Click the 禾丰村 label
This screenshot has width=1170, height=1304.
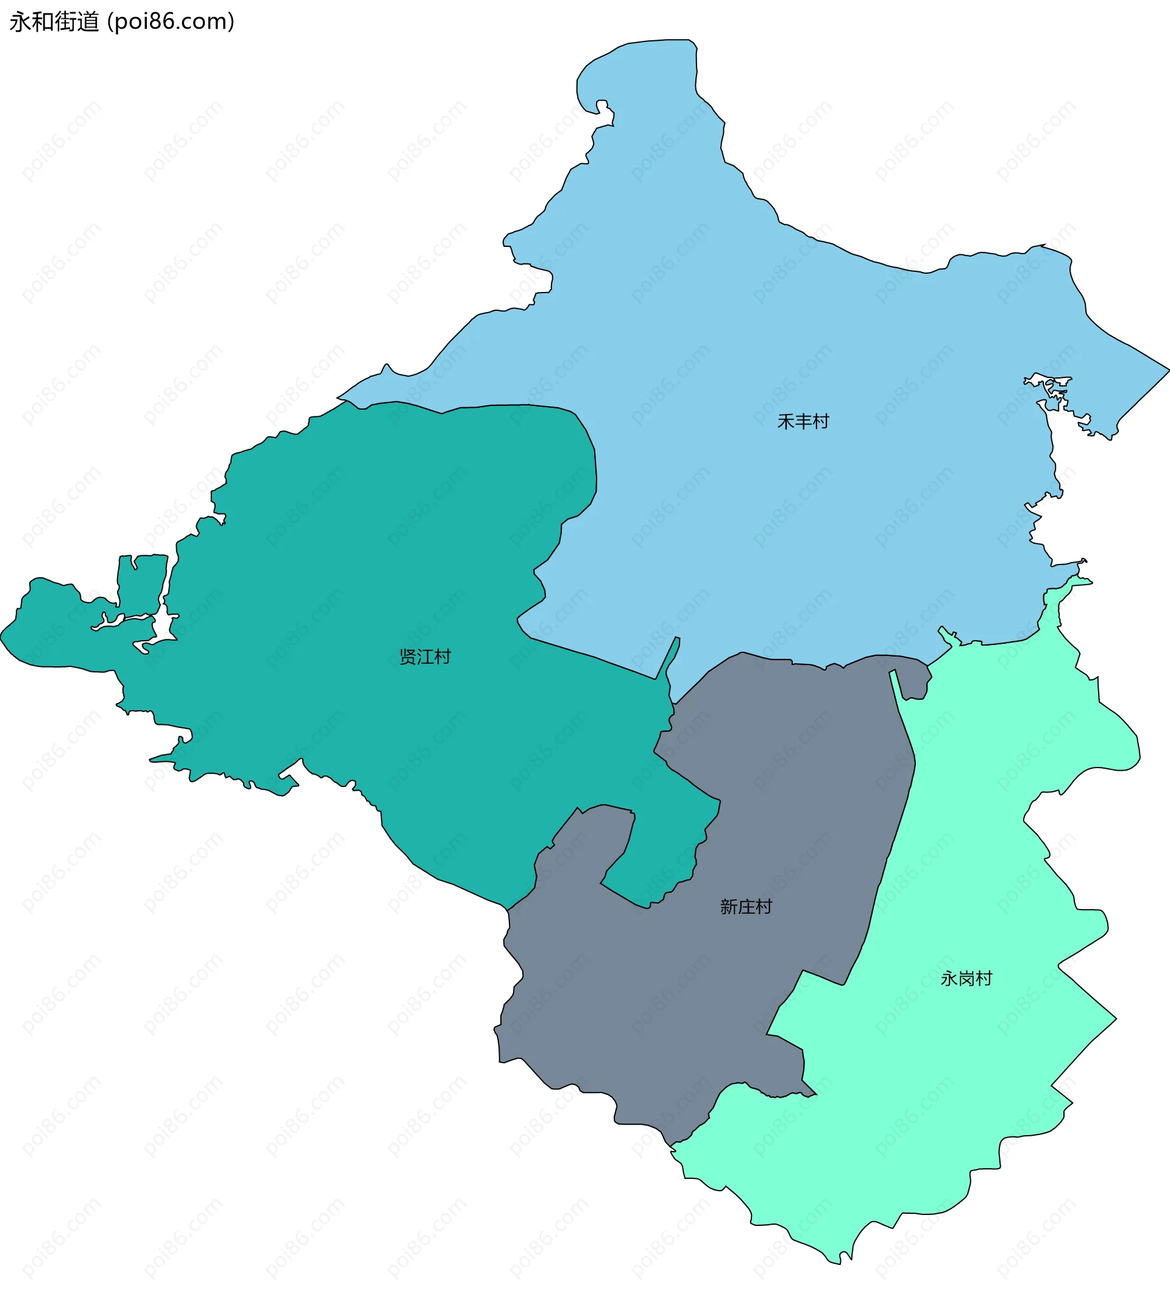803,422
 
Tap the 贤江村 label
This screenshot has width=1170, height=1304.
425,657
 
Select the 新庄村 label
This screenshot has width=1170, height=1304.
746,907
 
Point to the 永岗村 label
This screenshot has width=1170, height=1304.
966,978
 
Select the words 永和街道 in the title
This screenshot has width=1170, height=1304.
55,21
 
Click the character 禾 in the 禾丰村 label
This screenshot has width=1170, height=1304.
785,422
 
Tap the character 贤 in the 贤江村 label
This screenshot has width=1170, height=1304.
408,657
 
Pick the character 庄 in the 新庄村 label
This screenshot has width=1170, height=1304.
746,907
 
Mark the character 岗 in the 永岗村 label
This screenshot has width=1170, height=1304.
966,978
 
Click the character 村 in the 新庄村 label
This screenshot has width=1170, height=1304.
764,907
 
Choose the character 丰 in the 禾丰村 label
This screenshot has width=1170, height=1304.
803,422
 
